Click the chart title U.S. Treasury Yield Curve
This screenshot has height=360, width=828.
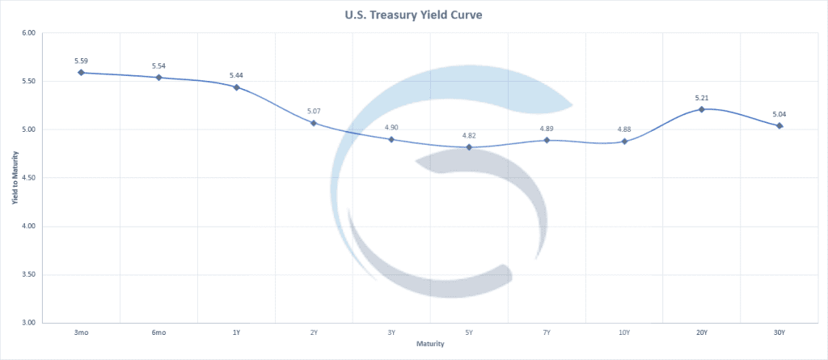click(414, 14)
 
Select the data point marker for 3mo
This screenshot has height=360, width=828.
click(81, 73)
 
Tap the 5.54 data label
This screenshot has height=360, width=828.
click(158, 66)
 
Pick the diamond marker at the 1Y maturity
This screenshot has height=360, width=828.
click(236, 87)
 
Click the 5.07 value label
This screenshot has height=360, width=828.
click(314, 111)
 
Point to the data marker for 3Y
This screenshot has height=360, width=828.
click(391, 139)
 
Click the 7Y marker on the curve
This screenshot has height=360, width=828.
click(547, 140)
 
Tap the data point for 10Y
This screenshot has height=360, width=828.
click(624, 142)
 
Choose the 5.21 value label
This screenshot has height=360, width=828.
click(702, 98)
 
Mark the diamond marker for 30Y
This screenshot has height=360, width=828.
click(779, 125)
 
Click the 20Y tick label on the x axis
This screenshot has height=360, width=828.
click(702, 332)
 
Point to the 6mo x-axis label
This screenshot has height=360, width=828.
click(158, 332)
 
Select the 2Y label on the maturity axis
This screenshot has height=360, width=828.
click(314, 332)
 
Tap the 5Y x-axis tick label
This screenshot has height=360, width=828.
click(469, 332)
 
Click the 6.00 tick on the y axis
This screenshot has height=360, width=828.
click(29, 33)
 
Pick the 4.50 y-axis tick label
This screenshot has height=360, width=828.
click(29, 178)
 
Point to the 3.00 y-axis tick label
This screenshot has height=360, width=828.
click(29, 323)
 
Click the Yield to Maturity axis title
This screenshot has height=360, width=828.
click(15, 178)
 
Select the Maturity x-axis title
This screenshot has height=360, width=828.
click(430, 344)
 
